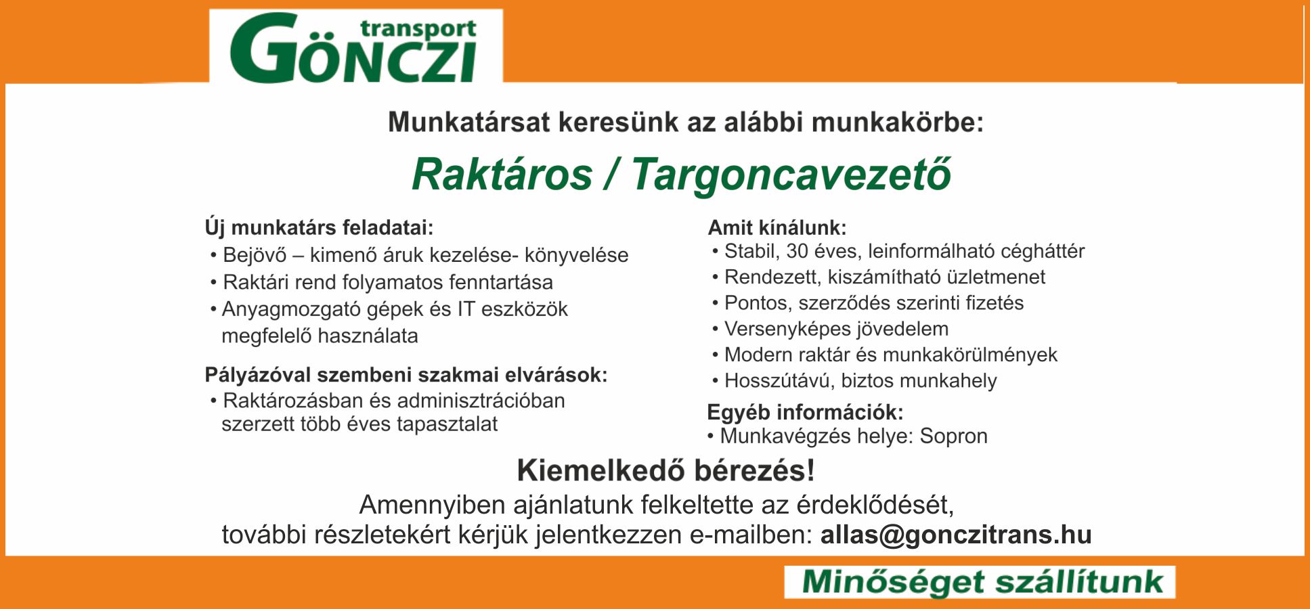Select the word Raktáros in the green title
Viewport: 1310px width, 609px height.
pyautogui.click(x=502, y=175)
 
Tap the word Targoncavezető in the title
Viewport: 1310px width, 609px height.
pyautogui.click(x=791, y=176)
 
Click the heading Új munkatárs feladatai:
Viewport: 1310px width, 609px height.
pyautogui.click(x=319, y=228)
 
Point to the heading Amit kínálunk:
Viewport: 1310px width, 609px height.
pyautogui.click(x=777, y=228)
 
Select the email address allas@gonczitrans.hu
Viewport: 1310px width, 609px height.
pyautogui.click(x=956, y=535)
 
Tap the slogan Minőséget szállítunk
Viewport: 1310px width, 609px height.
pyautogui.click(x=982, y=583)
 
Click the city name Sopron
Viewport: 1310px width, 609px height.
pyautogui.click(x=954, y=436)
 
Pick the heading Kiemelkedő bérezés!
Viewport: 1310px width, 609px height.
pyautogui.click(x=665, y=471)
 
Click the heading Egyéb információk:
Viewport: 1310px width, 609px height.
pyautogui.click(x=806, y=412)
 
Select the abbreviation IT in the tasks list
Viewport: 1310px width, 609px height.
pyautogui.click(x=466, y=309)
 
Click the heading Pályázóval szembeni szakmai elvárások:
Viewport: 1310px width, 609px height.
pyautogui.click(x=406, y=375)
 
